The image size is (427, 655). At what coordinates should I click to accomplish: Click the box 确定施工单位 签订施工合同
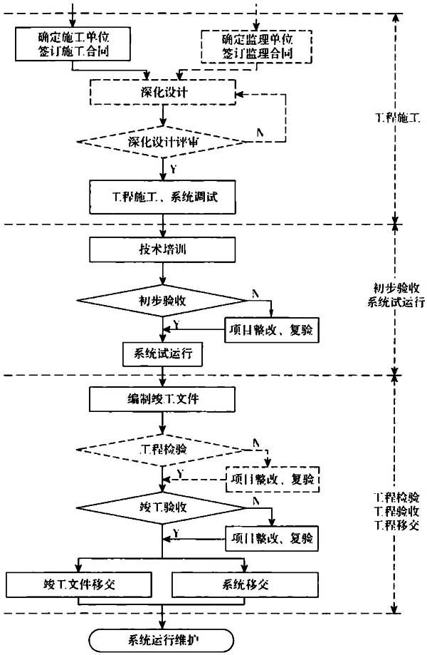pos(73,44)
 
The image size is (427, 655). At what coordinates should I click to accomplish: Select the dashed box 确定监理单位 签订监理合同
pos(256,46)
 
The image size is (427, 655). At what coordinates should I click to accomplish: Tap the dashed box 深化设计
pos(163,92)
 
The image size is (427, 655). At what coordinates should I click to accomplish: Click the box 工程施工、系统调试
pos(163,197)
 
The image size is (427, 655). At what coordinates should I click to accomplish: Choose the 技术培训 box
pos(162,249)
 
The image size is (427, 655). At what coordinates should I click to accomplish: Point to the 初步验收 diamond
pos(162,300)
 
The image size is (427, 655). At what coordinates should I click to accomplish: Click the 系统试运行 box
pos(163,354)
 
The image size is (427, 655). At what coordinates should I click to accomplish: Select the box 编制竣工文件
pos(162,399)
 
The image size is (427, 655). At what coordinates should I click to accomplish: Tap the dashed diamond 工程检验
pos(162,450)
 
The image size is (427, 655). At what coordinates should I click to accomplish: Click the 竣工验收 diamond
pos(162,508)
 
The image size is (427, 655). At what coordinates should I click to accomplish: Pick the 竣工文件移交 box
pos(79,584)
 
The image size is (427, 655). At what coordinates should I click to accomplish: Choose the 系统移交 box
pos(246,584)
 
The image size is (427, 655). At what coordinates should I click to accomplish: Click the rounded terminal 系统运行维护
pos(162,640)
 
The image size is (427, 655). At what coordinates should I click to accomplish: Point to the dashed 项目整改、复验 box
pos(273,479)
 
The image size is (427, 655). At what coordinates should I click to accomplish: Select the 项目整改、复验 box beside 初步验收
pos(272,330)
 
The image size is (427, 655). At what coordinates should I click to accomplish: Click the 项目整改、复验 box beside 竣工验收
pos(272,538)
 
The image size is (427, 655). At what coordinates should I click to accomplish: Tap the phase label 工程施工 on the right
pos(396,118)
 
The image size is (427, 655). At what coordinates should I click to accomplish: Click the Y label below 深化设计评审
pos(174,169)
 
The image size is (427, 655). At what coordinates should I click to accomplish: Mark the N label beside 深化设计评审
pos(260,133)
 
